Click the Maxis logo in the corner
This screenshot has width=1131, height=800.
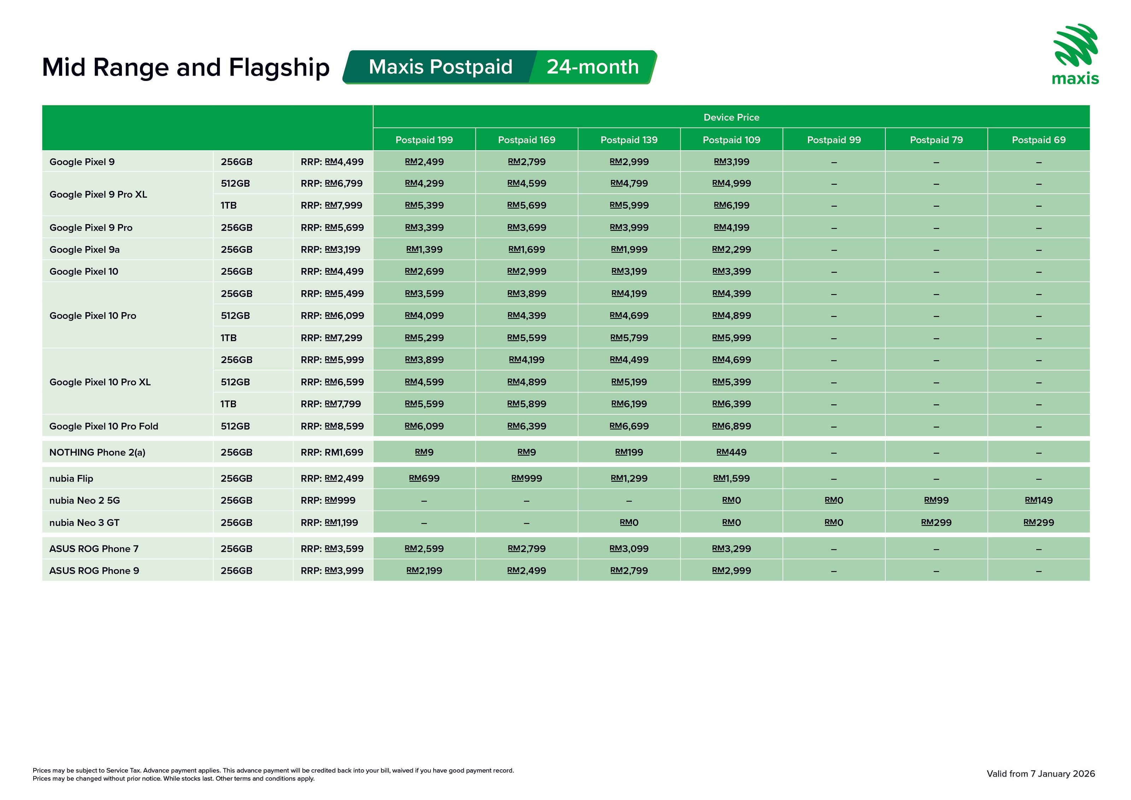(x=1076, y=54)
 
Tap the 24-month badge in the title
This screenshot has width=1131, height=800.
(x=593, y=67)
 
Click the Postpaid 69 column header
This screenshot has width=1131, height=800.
(x=1038, y=140)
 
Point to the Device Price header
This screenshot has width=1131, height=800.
(x=731, y=117)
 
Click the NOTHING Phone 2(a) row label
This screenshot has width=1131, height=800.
(x=98, y=452)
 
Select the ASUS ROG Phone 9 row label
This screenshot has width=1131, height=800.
(x=94, y=571)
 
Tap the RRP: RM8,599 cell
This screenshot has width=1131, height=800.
(x=332, y=426)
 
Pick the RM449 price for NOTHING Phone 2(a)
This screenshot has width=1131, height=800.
(x=731, y=452)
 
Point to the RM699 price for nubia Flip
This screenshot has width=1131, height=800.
(x=424, y=478)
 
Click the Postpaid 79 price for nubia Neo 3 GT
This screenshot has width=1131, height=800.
(x=936, y=522)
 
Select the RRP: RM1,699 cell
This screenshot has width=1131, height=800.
(x=332, y=452)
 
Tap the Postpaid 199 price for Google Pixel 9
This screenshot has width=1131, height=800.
(x=424, y=162)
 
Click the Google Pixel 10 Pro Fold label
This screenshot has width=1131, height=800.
(x=104, y=426)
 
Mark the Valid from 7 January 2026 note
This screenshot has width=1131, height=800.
(x=1041, y=774)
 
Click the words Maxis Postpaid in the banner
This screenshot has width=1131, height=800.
(x=440, y=67)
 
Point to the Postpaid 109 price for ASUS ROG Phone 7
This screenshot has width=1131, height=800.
(x=731, y=549)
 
